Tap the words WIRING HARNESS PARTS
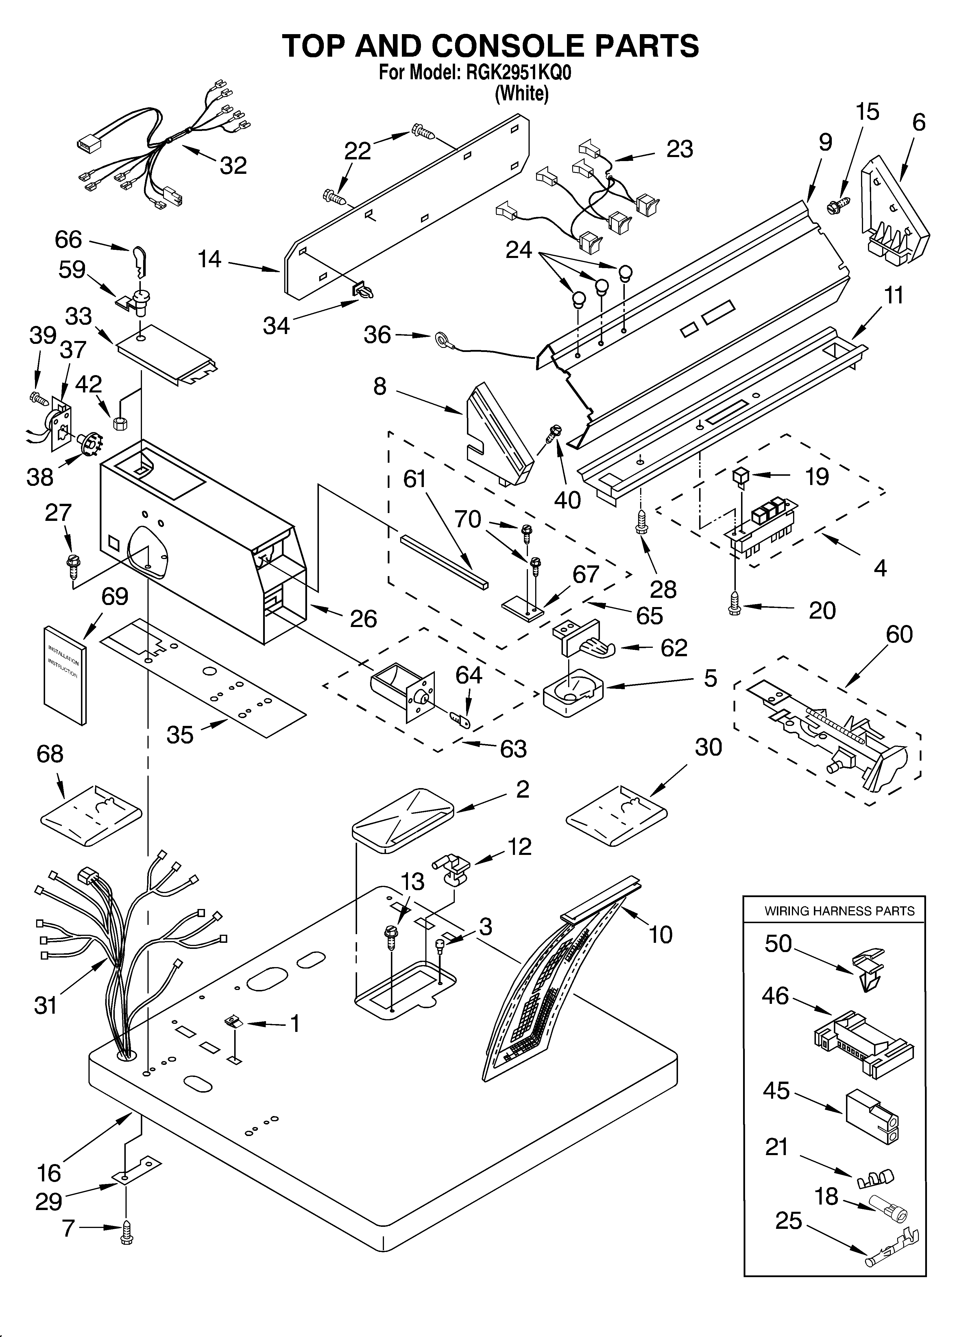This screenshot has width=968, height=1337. coord(839,911)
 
